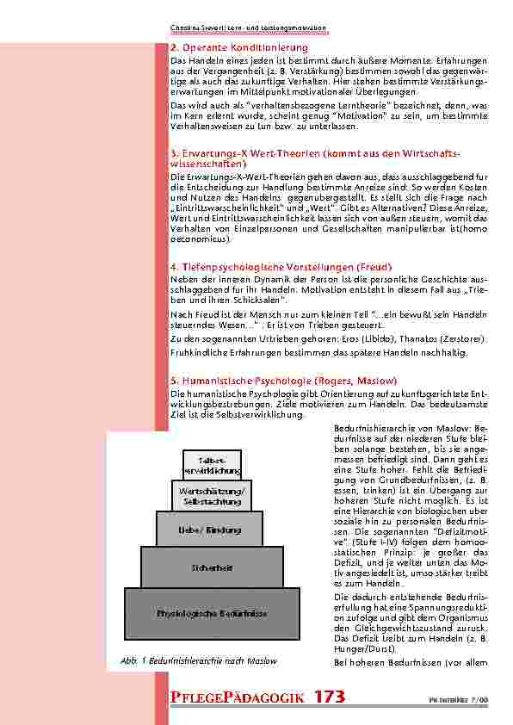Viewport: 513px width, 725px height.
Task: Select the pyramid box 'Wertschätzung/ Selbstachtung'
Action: pyautogui.click(x=212, y=495)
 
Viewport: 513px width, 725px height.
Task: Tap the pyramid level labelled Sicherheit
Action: pyautogui.click(x=212, y=568)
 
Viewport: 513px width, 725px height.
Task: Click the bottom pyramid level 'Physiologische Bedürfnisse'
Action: pyautogui.click(x=212, y=613)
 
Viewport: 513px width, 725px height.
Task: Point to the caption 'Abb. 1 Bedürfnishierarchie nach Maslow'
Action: pyautogui.click(x=202, y=660)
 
